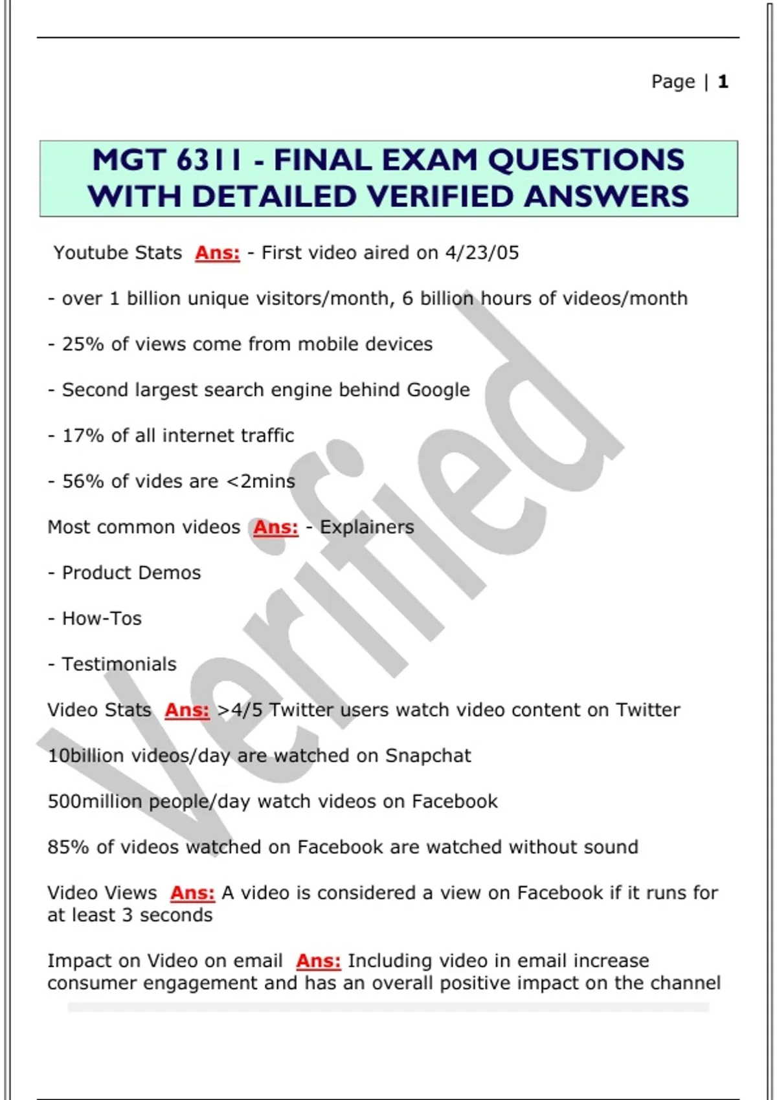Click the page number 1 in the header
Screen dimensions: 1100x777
tap(723, 82)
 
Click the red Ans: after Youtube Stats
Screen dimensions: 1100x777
tap(218, 253)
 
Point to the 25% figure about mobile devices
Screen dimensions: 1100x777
tap(83, 344)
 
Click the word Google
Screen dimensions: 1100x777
tap(438, 390)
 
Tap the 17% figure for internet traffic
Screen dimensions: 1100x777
tap(83, 435)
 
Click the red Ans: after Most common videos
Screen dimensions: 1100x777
tap(276, 527)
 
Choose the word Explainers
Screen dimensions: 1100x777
tap(366, 527)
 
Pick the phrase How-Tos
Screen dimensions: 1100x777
tap(102, 619)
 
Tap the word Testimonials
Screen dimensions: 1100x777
tap(119, 665)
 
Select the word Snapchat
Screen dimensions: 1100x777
tap(428, 756)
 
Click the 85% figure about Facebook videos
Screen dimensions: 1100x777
tap(68, 848)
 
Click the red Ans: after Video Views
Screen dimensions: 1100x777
tap(192, 894)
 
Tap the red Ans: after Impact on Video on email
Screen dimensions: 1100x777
tap(318, 962)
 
